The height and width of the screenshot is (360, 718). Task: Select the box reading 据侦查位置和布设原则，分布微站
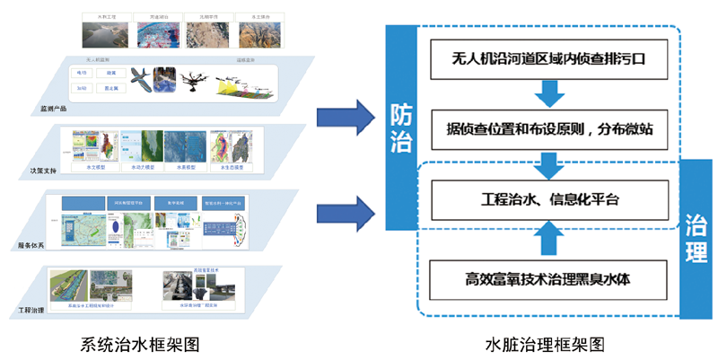point(550,129)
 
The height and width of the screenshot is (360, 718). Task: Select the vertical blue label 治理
point(696,238)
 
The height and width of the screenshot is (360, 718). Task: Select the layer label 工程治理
point(31,310)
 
